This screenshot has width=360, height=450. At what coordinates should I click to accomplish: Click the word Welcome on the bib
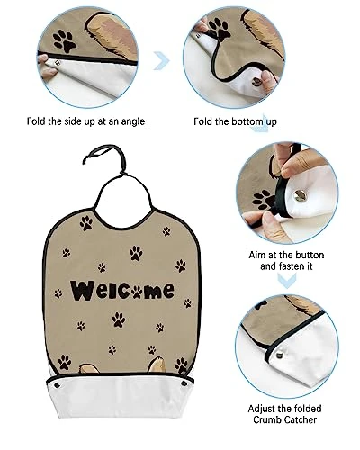click(x=122, y=290)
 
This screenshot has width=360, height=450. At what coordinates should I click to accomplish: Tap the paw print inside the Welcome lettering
click(x=137, y=292)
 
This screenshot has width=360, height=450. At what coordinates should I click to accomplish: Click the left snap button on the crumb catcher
click(x=57, y=385)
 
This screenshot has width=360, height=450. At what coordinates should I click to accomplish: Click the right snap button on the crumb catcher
click(x=183, y=383)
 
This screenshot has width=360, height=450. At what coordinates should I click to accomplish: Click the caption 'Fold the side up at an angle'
click(x=85, y=121)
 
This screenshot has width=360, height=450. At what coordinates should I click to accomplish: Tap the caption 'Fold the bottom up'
click(x=235, y=121)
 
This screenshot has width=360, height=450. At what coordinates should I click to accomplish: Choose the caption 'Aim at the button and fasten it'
click(x=286, y=260)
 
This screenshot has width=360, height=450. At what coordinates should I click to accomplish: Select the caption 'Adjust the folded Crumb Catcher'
click(x=284, y=414)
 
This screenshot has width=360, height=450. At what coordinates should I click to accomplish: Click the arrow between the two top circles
click(x=162, y=60)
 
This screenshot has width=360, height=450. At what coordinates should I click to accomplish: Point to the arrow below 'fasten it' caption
click(x=286, y=281)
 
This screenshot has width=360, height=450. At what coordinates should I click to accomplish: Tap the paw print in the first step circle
click(x=65, y=41)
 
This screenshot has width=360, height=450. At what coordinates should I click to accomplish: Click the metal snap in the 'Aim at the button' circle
click(x=300, y=195)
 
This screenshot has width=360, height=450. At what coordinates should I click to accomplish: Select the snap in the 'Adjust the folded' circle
click(x=279, y=356)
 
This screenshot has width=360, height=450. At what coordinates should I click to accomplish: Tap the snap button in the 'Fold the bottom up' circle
click(x=257, y=81)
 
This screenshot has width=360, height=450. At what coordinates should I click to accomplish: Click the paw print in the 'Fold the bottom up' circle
click(x=220, y=30)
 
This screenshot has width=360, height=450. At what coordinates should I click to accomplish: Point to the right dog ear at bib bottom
click(x=157, y=364)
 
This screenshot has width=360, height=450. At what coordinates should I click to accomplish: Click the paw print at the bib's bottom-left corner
click(x=65, y=362)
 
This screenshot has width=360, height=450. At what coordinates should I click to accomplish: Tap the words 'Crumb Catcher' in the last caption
click(x=284, y=419)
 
